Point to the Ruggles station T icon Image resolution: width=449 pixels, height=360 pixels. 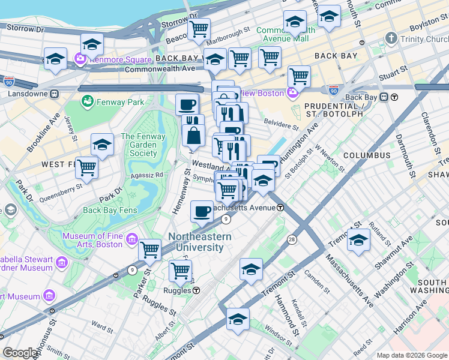click(196, 290)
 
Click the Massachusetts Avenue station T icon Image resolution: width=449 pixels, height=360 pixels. click(280, 207)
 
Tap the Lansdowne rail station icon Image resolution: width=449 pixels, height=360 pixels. click(53, 94)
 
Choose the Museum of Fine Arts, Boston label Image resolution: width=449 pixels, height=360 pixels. click(92, 240)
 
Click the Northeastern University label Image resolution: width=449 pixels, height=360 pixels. click(199, 242)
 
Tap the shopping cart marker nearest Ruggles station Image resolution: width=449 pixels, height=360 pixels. click(180, 271)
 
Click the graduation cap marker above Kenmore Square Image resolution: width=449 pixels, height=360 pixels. click(92, 44)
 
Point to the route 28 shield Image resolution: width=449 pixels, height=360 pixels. click(292, 240)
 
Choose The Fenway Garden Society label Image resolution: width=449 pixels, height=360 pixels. click(139, 145)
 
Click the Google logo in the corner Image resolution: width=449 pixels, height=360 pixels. click(21, 353)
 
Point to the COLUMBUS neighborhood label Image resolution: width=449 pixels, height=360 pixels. click(366, 155)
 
